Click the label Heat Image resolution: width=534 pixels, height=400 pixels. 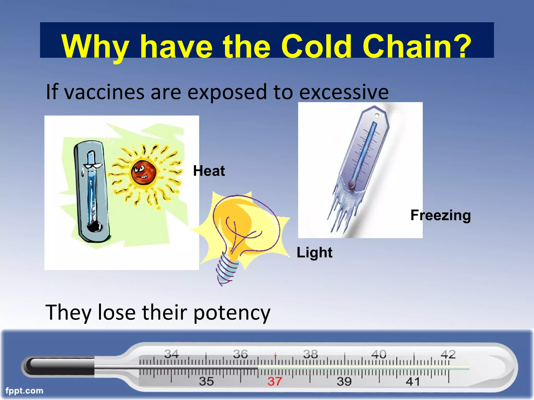pyautogui.click(x=209, y=171)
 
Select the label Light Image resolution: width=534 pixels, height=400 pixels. pyautogui.click(x=314, y=252)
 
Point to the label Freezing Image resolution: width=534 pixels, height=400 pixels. pyautogui.click(x=441, y=215)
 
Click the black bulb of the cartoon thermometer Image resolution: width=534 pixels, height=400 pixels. pyautogui.click(x=94, y=227)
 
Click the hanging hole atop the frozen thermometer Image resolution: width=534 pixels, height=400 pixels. pyautogui.click(x=377, y=116)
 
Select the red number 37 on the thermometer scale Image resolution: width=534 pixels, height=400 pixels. pyautogui.click(x=275, y=382)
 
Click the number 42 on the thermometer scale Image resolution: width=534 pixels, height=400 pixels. pyautogui.click(x=448, y=354)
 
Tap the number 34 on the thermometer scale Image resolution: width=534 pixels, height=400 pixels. pyautogui.click(x=171, y=354)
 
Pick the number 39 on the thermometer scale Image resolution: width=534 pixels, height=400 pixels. pyautogui.click(x=344, y=382)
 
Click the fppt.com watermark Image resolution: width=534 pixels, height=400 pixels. pyautogui.click(x=24, y=391)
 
